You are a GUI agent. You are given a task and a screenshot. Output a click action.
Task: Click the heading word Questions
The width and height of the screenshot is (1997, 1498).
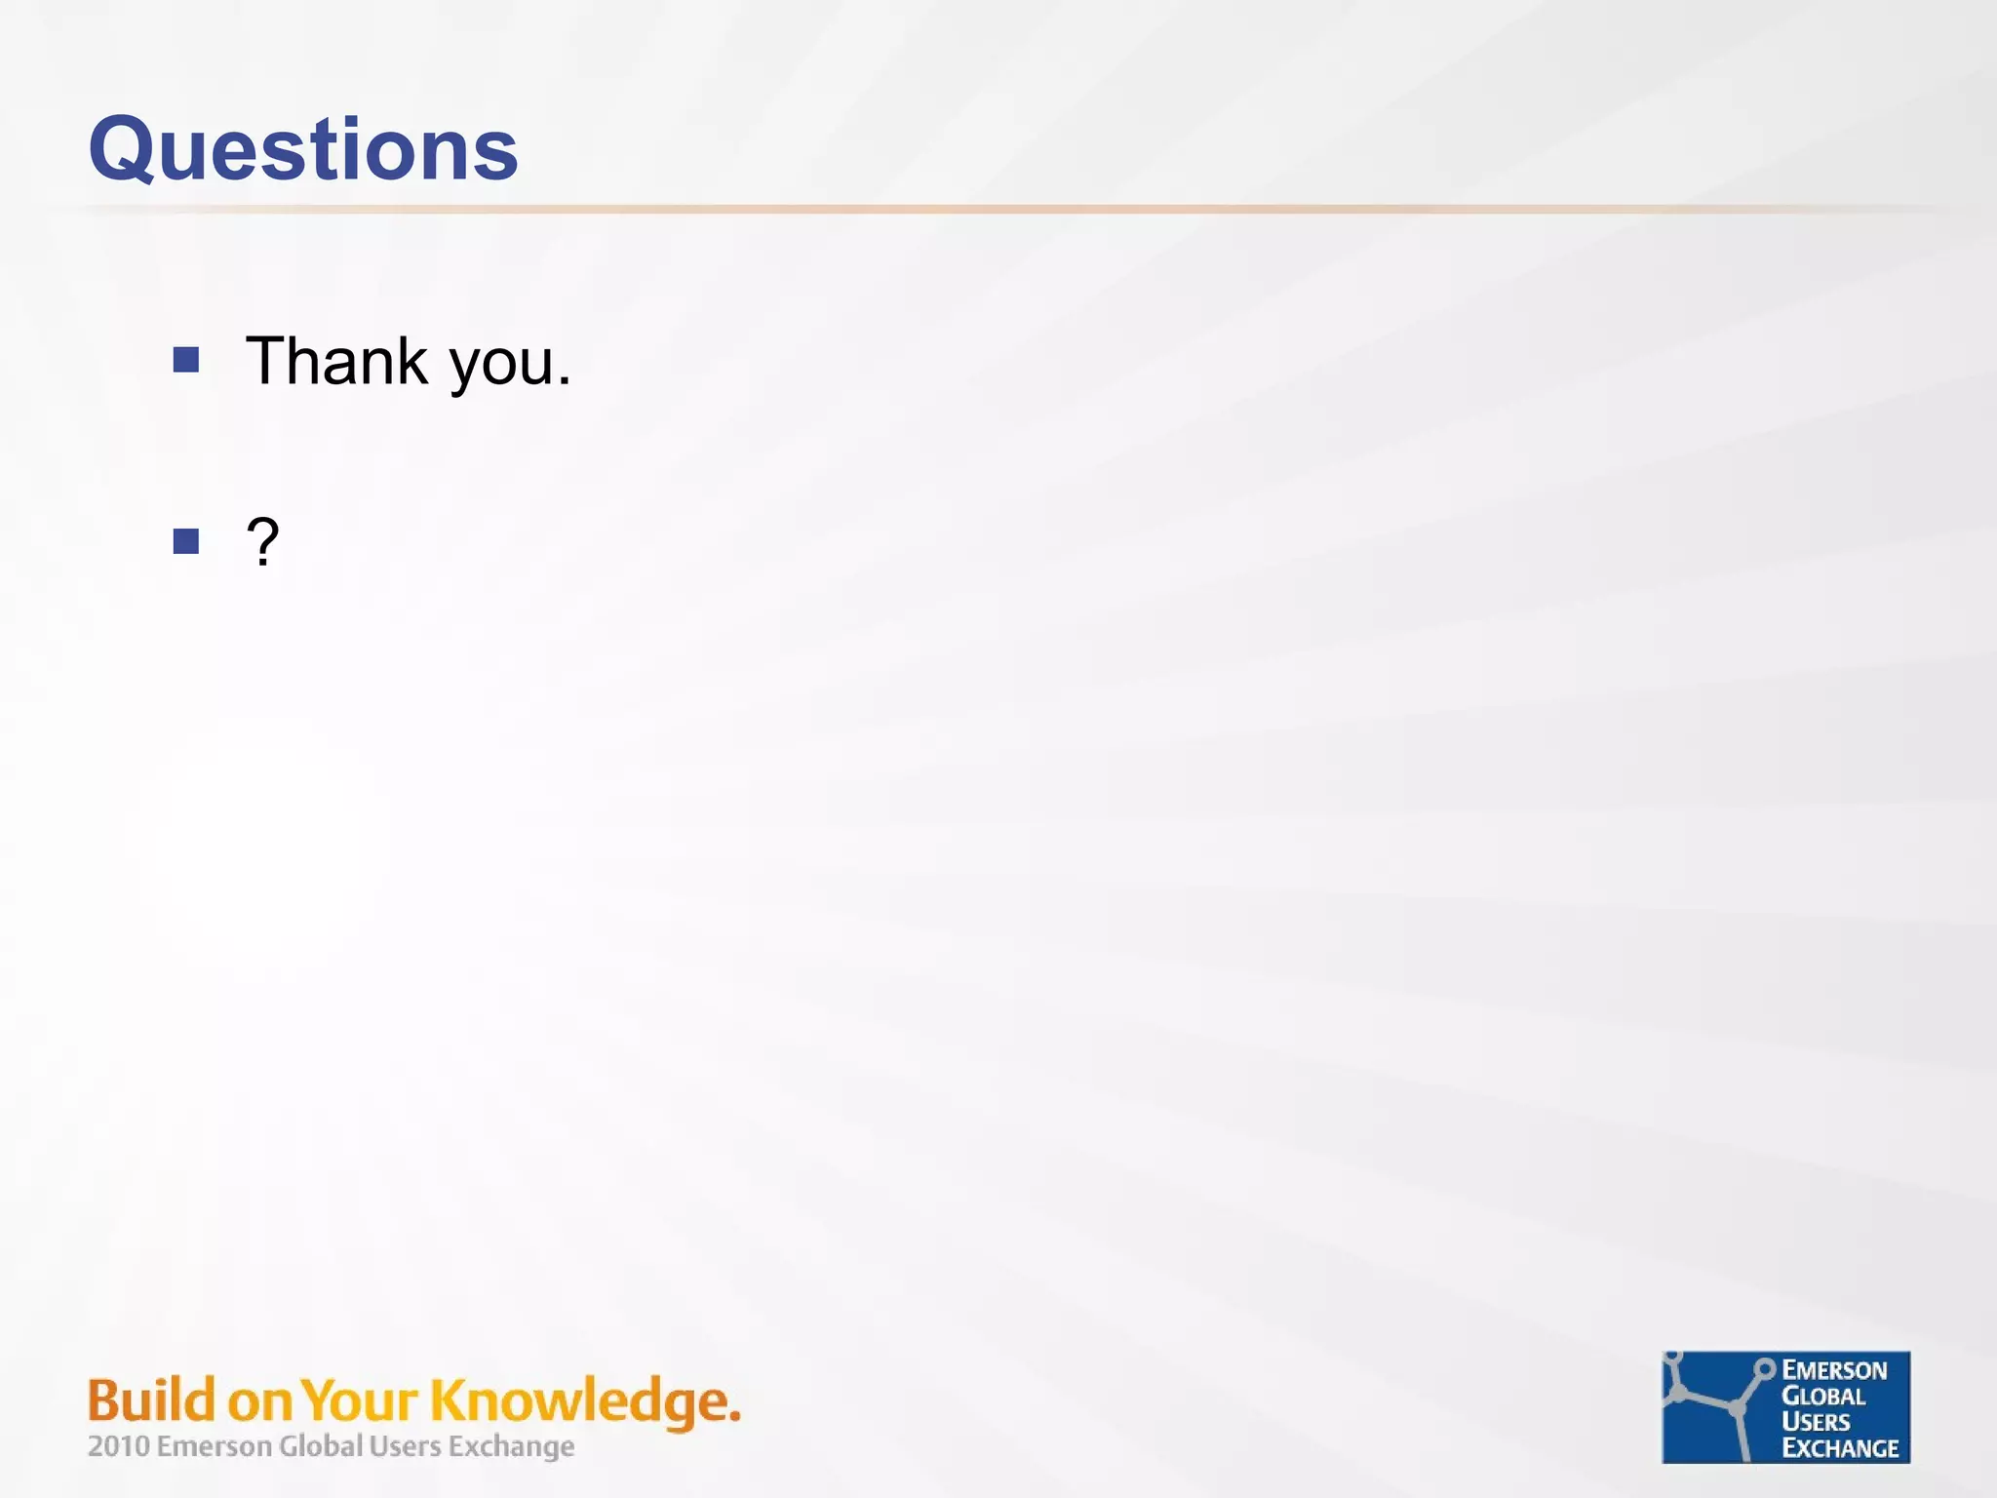coord(303,149)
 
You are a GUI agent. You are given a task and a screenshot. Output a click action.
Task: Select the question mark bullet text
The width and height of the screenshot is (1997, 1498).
coord(262,541)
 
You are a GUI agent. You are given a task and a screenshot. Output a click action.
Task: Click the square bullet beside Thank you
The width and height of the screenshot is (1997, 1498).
coord(186,361)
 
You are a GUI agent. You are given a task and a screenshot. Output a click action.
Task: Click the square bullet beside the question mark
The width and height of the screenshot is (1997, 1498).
coord(186,541)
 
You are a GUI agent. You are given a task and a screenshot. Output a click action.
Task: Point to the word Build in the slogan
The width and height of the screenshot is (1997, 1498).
coord(151,1400)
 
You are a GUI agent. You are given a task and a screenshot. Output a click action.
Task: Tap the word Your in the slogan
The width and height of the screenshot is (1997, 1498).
coord(360,1400)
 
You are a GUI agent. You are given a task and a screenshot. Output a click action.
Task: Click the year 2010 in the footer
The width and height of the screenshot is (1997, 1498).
coord(118,1445)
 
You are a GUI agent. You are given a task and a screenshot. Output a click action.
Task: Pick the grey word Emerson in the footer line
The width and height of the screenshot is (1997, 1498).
coord(214,1445)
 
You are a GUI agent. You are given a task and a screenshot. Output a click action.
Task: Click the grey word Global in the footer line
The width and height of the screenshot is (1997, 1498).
coord(321,1445)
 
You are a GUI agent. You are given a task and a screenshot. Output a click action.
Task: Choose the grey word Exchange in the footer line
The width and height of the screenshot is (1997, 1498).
coord(511,1446)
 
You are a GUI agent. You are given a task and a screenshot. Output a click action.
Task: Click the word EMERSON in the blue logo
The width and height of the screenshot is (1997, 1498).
coord(1834,1370)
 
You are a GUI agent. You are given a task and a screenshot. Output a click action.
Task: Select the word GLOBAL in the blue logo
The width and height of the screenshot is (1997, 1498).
coord(1822,1397)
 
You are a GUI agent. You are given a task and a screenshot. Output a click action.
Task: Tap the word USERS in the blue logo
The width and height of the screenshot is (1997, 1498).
coord(1816,1422)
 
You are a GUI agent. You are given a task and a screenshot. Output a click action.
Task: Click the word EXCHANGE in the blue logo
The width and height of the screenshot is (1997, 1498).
coord(1840,1448)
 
